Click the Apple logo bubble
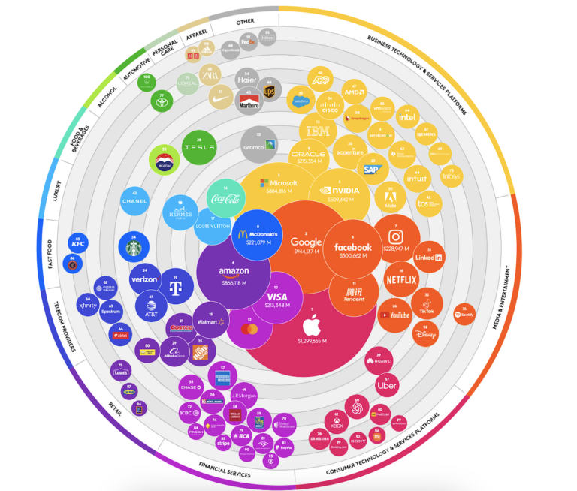pos(312,330)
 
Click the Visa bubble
pos(277,298)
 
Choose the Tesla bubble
pos(199,148)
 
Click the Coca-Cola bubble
pos(227,199)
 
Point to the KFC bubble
pos(77,243)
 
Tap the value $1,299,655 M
pos(312,342)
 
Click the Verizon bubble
pos(143,279)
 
